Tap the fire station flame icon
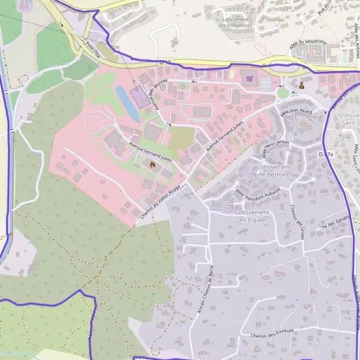tap(152, 164)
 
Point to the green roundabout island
tap(283, 93)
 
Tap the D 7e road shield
tap(326, 154)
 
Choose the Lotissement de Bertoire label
tap(274, 170)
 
